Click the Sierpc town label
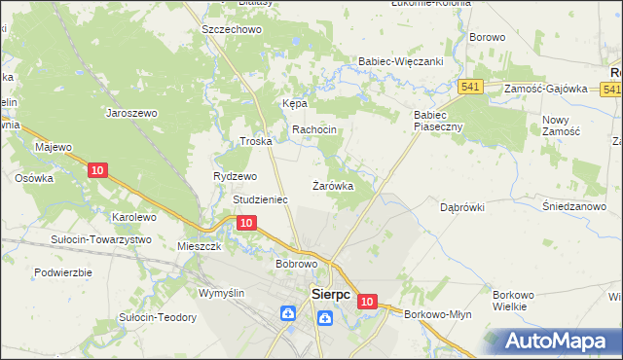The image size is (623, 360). (329, 293)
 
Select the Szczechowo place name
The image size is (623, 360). (233, 30)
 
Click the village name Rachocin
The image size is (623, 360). (314, 129)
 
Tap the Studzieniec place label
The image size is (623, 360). (260, 199)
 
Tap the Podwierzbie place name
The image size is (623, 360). (62, 272)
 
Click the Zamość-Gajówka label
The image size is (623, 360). (546, 89)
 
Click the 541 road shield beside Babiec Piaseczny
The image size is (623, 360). (472, 87)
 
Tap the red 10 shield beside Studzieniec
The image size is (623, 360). (246, 224)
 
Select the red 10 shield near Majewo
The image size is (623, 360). (96, 170)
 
